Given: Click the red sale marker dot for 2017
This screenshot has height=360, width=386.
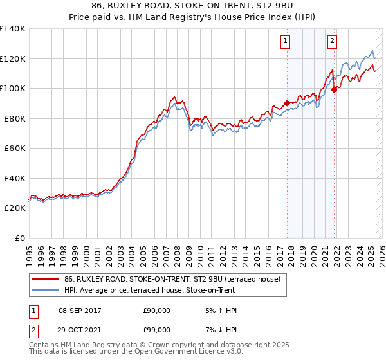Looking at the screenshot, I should pos(287,103).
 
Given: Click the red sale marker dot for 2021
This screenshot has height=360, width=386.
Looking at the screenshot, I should pos(335,90).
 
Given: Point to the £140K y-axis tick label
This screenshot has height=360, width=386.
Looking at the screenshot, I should pos(13,29).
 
